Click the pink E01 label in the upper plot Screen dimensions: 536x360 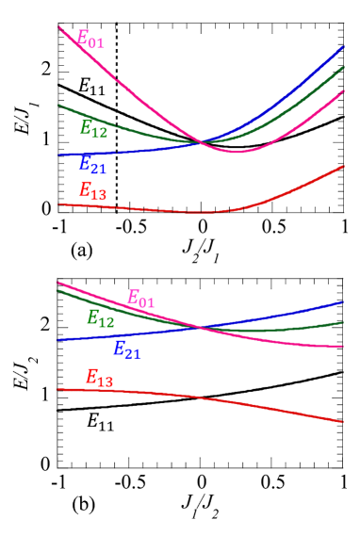tap(90, 40)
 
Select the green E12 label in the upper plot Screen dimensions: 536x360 tap(93, 129)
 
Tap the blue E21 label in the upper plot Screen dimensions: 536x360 tap(92, 164)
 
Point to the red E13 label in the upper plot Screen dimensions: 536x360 tap(92, 191)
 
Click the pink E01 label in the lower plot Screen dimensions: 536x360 tap(140, 300)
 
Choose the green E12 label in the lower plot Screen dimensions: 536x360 tap(100, 318)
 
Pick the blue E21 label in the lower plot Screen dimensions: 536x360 tap(126, 350)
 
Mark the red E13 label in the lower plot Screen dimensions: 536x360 tap(99, 378)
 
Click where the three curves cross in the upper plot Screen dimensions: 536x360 tap(201, 143)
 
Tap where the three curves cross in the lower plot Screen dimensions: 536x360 tap(200, 327)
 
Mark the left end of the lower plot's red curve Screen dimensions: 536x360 tap(57, 389)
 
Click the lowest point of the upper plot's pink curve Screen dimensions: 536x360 tap(237, 152)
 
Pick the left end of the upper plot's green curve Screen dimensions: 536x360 tap(58, 105)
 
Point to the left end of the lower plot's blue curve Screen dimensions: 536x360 tap(57, 340)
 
